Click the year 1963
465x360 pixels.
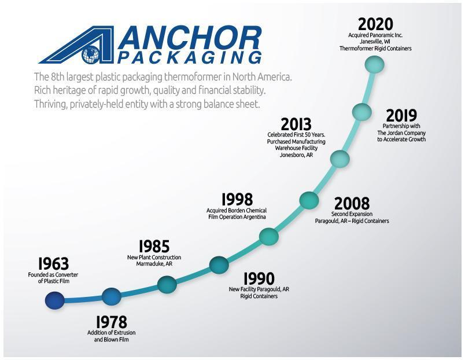pos(53,263)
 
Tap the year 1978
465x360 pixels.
pos(112,322)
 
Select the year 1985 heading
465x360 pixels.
pos(154,247)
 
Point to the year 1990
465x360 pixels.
pos(259,278)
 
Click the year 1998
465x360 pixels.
pos(237,200)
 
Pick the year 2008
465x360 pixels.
pos(352,204)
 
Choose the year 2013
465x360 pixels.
pos(296,124)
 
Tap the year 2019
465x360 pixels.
pos(401,115)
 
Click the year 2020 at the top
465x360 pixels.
pos(375,24)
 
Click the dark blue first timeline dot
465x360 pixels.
pos(55,300)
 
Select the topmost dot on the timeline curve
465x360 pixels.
pos(375,64)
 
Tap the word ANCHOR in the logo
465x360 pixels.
pos(190,38)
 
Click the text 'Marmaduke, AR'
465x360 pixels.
pos(154,263)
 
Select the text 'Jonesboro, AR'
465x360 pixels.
pos(296,155)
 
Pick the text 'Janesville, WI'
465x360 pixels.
pos(375,42)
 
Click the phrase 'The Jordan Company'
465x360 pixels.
pos(401,133)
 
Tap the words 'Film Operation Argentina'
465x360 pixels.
pos(237,217)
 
